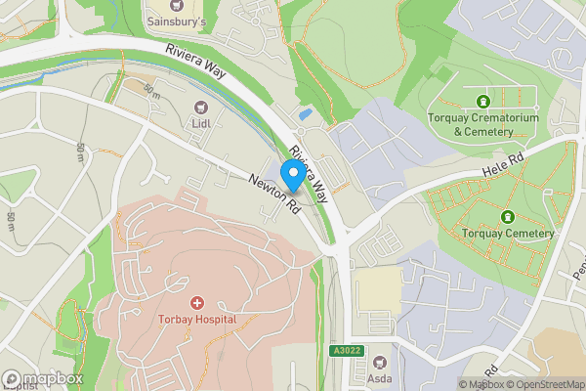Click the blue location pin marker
(292, 176)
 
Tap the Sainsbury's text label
(177, 20)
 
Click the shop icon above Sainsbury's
(176, 4)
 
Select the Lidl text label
(202, 123)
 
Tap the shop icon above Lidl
(202, 107)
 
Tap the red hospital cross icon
(196, 304)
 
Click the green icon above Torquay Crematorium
(481, 101)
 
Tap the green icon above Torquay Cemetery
(507, 216)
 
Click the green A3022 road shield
(347, 349)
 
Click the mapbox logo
(43, 378)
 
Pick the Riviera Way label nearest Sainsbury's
(195, 61)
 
